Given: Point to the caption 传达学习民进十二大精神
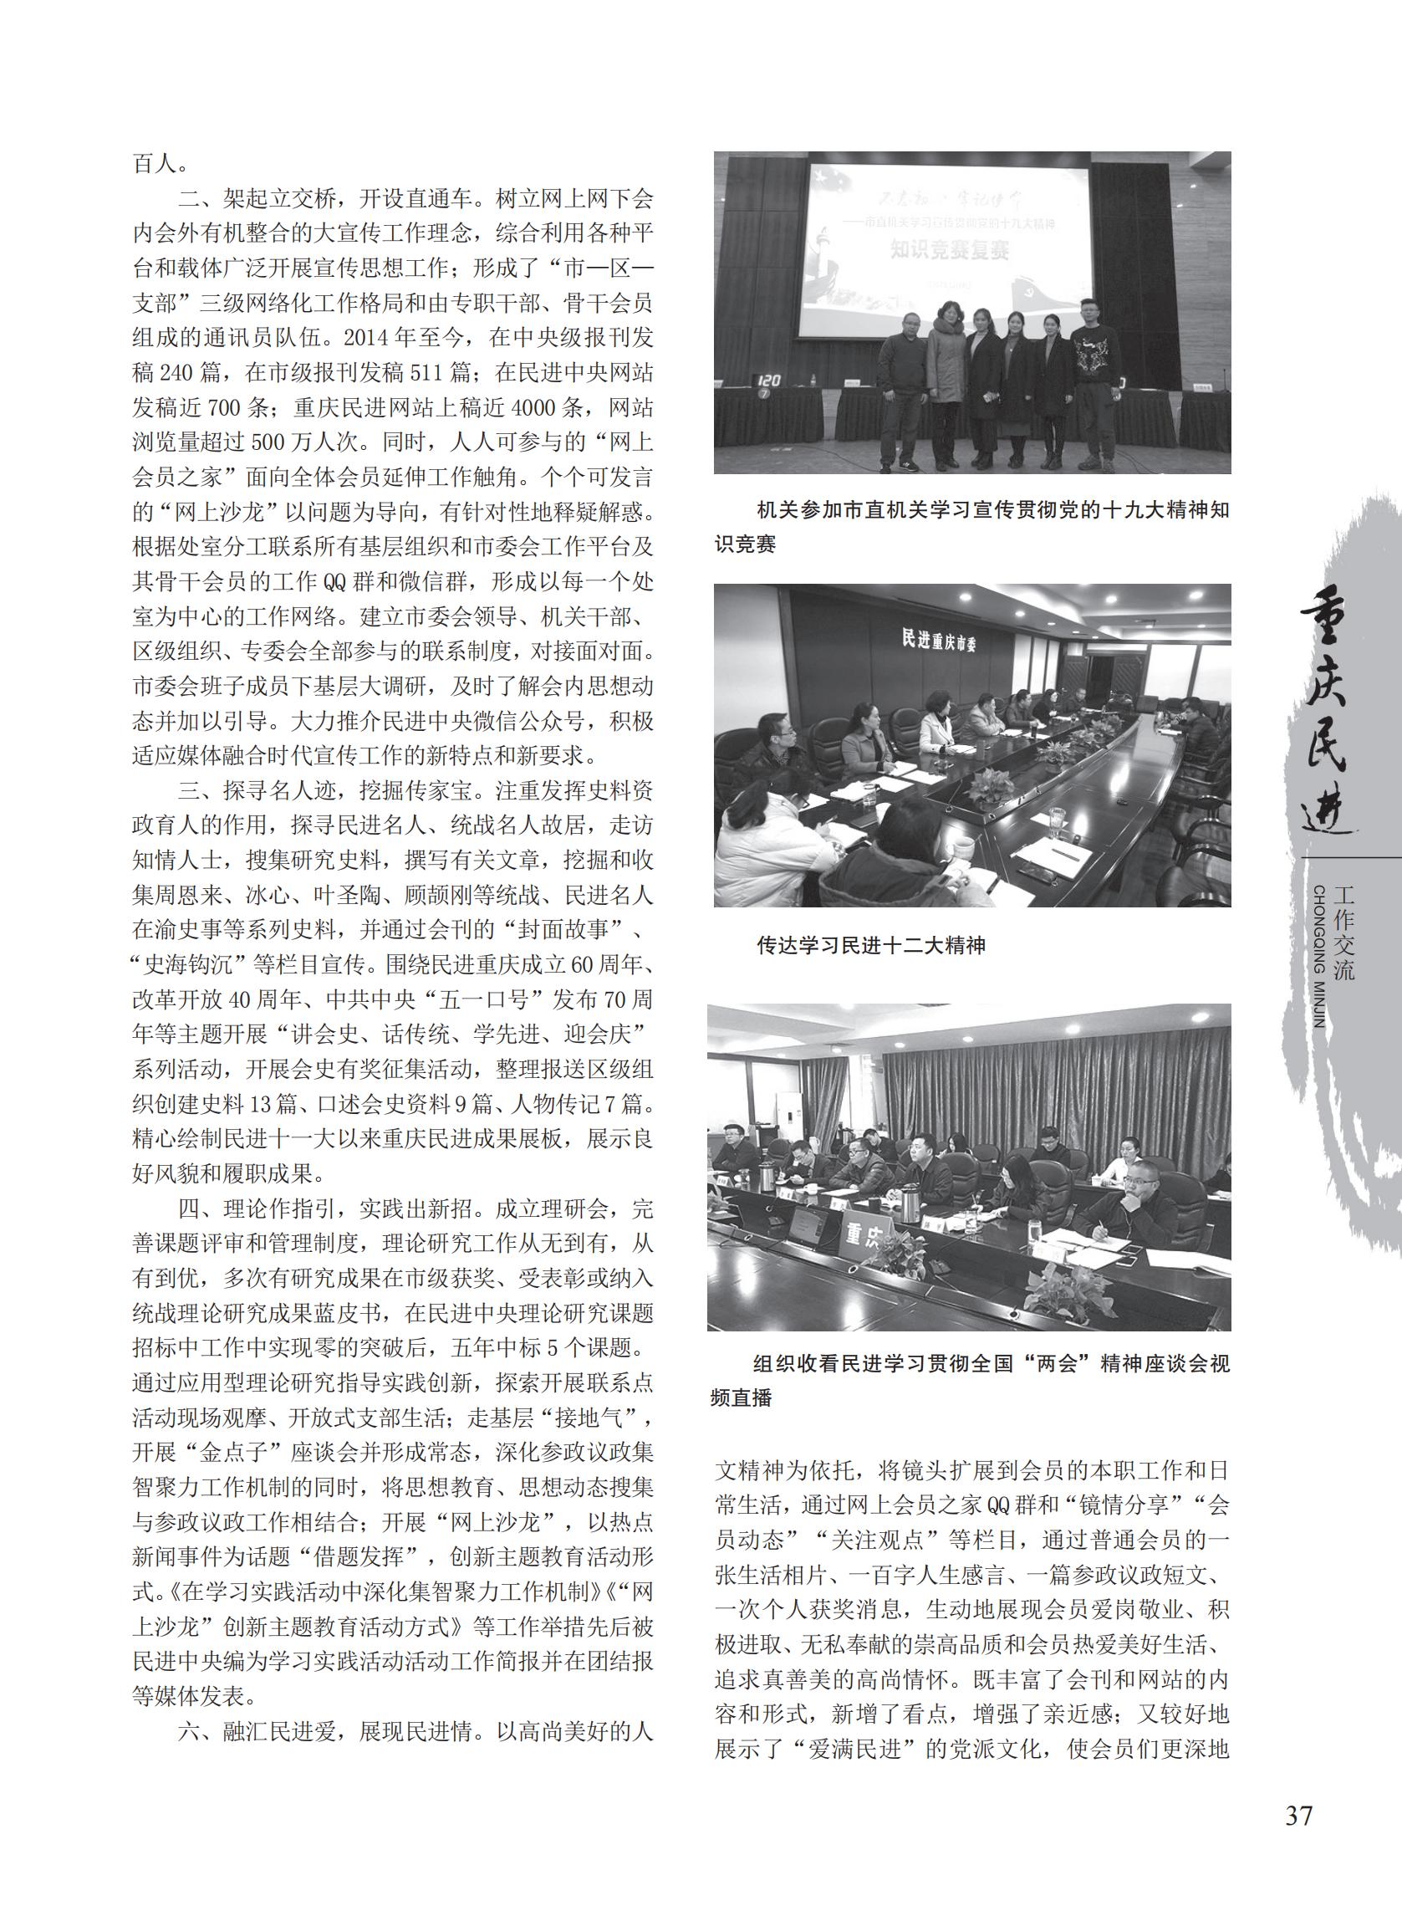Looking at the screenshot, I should (871, 945).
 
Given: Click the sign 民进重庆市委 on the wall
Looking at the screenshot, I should (941, 641).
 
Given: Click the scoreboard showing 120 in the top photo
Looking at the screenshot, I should (770, 381).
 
